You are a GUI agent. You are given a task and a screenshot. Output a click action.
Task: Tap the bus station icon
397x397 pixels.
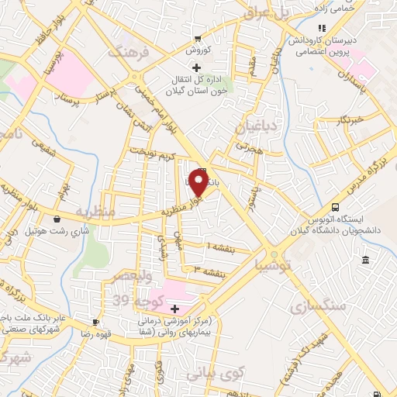click(x=335, y=207)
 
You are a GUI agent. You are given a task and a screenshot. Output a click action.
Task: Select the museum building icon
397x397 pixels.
click(x=365, y=257)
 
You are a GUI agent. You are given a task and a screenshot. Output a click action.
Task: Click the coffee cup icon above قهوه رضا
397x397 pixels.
click(x=95, y=322)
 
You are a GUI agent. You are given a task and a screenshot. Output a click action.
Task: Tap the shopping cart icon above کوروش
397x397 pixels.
click(x=199, y=38)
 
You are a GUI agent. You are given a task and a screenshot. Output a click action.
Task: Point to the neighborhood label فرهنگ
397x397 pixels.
click(x=127, y=53)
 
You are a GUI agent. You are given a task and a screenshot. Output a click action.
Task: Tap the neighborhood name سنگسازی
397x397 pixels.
click(x=317, y=306)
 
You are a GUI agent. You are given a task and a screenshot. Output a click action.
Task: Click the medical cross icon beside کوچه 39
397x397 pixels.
click(x=175, y=309)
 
